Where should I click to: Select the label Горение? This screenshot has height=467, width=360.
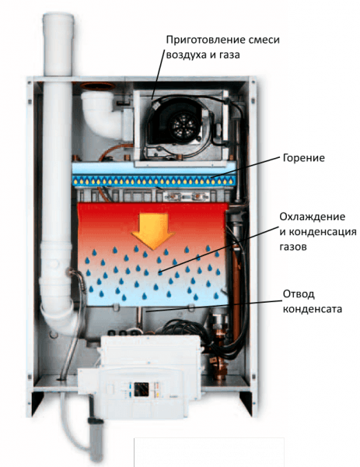(x=303, y=158)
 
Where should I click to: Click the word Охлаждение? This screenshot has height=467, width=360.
(x=312, y=216)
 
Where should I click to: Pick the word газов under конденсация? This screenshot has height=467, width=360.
(x=293, y=247)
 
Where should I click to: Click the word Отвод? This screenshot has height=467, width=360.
(x=299, y=294)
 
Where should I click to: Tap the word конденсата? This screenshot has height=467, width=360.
(x=312, y=309)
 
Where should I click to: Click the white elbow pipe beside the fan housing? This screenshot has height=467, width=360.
(x=101, y=114)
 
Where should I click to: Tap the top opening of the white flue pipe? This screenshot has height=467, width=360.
(x=58, y=16)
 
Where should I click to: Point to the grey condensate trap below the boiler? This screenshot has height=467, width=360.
(x=96, y=440)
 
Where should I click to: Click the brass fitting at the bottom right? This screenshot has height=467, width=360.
(x=219, y=368)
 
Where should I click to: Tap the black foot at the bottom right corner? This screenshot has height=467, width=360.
(x=246, y=402)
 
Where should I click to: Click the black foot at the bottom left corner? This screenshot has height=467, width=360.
(x=37, y=403)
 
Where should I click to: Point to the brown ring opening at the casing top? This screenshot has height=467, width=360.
(x=98, y=86)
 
